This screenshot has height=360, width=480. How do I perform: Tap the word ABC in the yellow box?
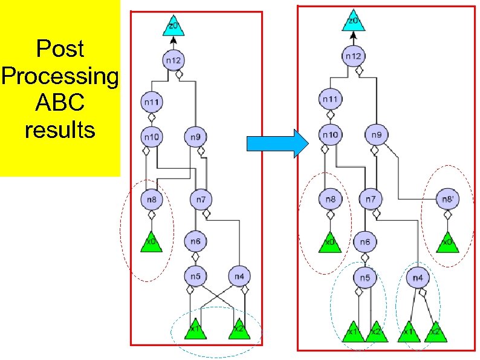click(x=60, y=103)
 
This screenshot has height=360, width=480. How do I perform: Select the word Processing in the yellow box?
click(x=60, y=76)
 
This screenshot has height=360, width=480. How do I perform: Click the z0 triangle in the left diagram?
click(x=173, y=26)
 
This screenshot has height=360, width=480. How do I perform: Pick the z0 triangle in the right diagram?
click(x=353, y=21)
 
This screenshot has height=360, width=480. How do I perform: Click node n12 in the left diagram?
click(x=173, y=60)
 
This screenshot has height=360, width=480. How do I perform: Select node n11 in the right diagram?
click(x=330, y=99)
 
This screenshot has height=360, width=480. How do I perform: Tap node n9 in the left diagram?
click(x=195, y=137)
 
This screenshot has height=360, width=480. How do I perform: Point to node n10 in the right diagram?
click(x=330, y=134)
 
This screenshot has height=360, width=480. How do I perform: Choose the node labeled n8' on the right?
click(x=447, y=198)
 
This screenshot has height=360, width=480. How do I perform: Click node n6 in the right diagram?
click(x=365, y=241)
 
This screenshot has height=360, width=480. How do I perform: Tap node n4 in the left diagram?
click(x=238, y=277)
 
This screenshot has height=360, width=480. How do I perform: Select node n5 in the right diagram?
click(x=365, y=278)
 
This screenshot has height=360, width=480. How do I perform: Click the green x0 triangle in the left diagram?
click(x=152, y=242)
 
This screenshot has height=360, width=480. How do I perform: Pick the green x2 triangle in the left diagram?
click(x=239, y=329)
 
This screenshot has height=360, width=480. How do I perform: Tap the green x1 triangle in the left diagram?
click(x=195, y=329)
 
